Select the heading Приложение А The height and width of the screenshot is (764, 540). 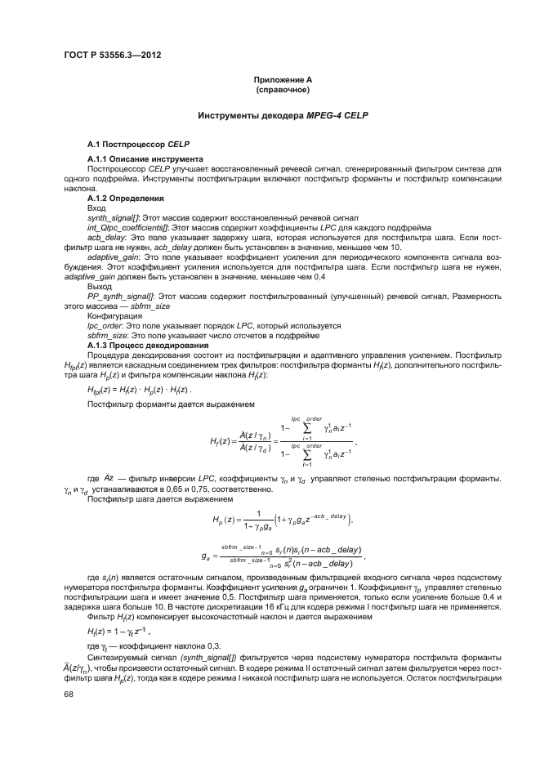(280, 79)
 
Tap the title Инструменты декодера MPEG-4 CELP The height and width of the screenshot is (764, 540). (280, 116)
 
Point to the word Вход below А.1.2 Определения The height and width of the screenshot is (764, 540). (96, 208)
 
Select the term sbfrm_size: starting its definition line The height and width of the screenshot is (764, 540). (108, 336)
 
